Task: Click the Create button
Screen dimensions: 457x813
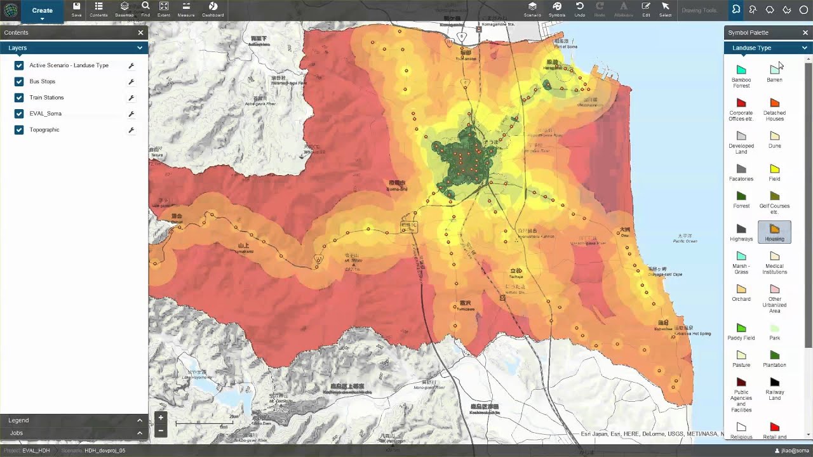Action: point(42,11)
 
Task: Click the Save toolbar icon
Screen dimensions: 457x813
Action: point(76,10)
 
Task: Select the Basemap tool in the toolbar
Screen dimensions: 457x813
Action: point(124,10)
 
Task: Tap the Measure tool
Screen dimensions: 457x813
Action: point(186,10)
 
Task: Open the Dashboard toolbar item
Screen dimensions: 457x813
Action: point(213,10)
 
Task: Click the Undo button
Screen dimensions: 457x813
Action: point(579,10)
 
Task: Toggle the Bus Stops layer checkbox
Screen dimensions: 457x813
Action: point(19,81)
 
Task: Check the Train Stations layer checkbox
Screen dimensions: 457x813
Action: point(19,98)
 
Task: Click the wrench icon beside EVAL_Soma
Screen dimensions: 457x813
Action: point(131,114)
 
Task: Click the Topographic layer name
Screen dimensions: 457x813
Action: point(44,129)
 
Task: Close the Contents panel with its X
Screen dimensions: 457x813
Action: point(140,32)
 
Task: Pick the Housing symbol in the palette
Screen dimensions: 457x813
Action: point(774,232)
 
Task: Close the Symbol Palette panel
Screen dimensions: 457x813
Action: point(805,32)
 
